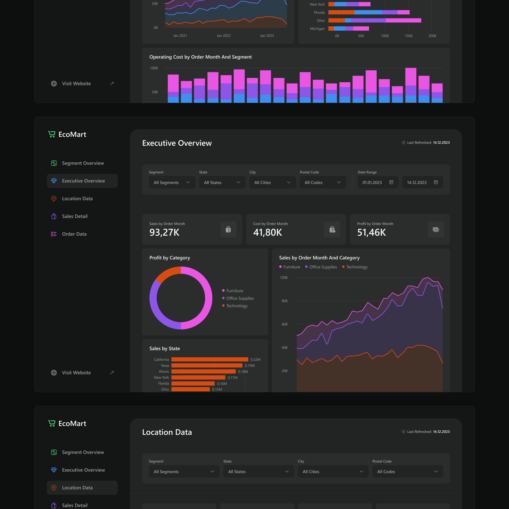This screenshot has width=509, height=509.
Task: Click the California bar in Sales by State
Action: [x=209, y=359]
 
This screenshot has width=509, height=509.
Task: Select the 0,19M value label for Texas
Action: [x=249, y=365]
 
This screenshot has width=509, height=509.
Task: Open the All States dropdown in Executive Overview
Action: [x=222, y=182]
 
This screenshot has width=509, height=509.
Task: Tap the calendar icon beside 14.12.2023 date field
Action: [x=436, y=182]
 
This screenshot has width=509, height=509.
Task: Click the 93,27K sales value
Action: [x=164, y=232]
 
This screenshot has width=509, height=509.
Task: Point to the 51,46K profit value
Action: [x=371, y=232]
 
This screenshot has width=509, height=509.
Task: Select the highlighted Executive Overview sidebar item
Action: [x=82, y=181]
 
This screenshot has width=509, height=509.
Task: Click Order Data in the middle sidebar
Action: [x=74, y=234]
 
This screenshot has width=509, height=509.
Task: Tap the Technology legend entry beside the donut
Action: [x=237, y=306]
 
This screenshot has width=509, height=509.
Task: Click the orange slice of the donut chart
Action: [x=167, y=274]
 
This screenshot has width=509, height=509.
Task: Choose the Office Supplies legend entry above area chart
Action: [x=323, y=267]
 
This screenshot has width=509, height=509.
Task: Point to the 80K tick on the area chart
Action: [x=285, y=301]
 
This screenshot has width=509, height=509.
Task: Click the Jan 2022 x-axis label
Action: [x=223, y=36]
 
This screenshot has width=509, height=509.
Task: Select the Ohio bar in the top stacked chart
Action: [x=374, y=20]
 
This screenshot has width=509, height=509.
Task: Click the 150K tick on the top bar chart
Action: [x=408, y=36]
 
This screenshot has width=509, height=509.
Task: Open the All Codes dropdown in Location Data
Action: [x=407, y=472]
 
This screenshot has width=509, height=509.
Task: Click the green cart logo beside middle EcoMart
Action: [x=52, y=134]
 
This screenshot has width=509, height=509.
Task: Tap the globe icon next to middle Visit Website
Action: [x=54, y=373]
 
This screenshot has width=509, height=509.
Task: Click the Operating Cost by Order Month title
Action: [x=200, y=57]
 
